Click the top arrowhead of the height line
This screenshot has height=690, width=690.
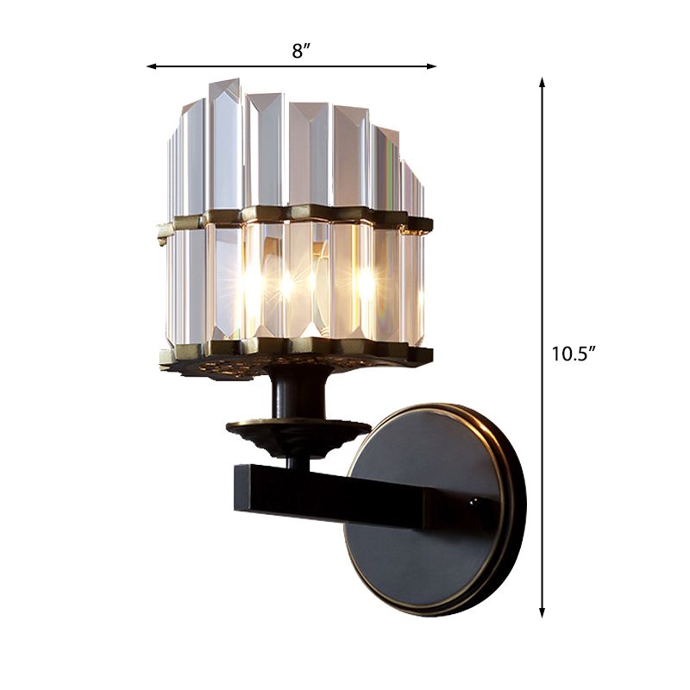click(x=543, y=82)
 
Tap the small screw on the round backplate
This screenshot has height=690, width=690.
click(x=472, y=499)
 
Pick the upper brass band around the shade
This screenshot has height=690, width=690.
click(x=293, y=213)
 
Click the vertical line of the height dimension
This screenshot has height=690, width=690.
click(x=543, y=259)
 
